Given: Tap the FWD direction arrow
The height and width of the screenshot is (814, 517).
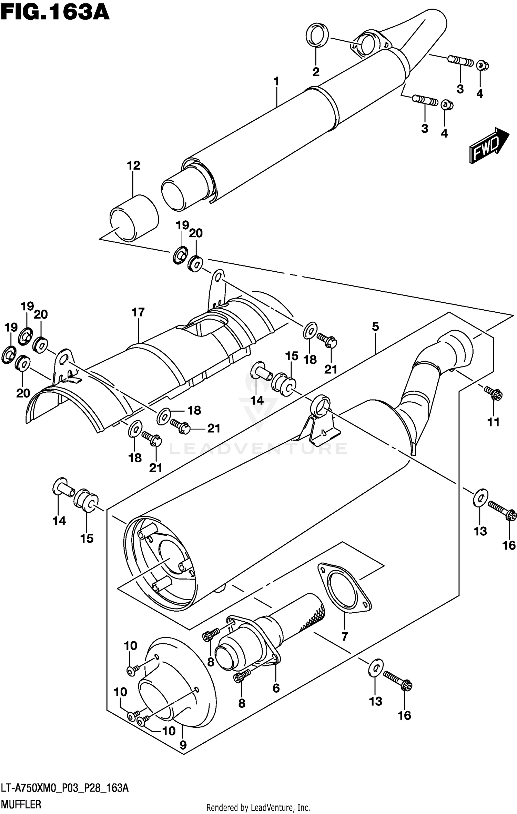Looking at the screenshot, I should [489, 145].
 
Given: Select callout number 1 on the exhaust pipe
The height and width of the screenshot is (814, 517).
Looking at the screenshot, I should [276, 82].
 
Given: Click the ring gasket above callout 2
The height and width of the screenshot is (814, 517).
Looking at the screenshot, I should [317, 35].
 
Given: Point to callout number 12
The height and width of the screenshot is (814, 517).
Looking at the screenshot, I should [133, 165].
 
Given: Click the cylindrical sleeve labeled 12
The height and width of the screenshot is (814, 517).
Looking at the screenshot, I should [134, 218].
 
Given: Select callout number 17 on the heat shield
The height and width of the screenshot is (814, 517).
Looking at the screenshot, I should [138, 312].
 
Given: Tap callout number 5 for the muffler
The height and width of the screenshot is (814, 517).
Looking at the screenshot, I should [375, 326].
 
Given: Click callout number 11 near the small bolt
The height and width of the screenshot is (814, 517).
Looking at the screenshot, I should [493, 422].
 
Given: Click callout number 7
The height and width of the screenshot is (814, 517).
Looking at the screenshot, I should [345, 636].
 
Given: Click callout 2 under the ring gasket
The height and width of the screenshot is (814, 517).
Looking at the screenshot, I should [316, 72].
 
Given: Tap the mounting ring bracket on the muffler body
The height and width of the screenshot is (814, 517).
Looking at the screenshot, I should [321, 405].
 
